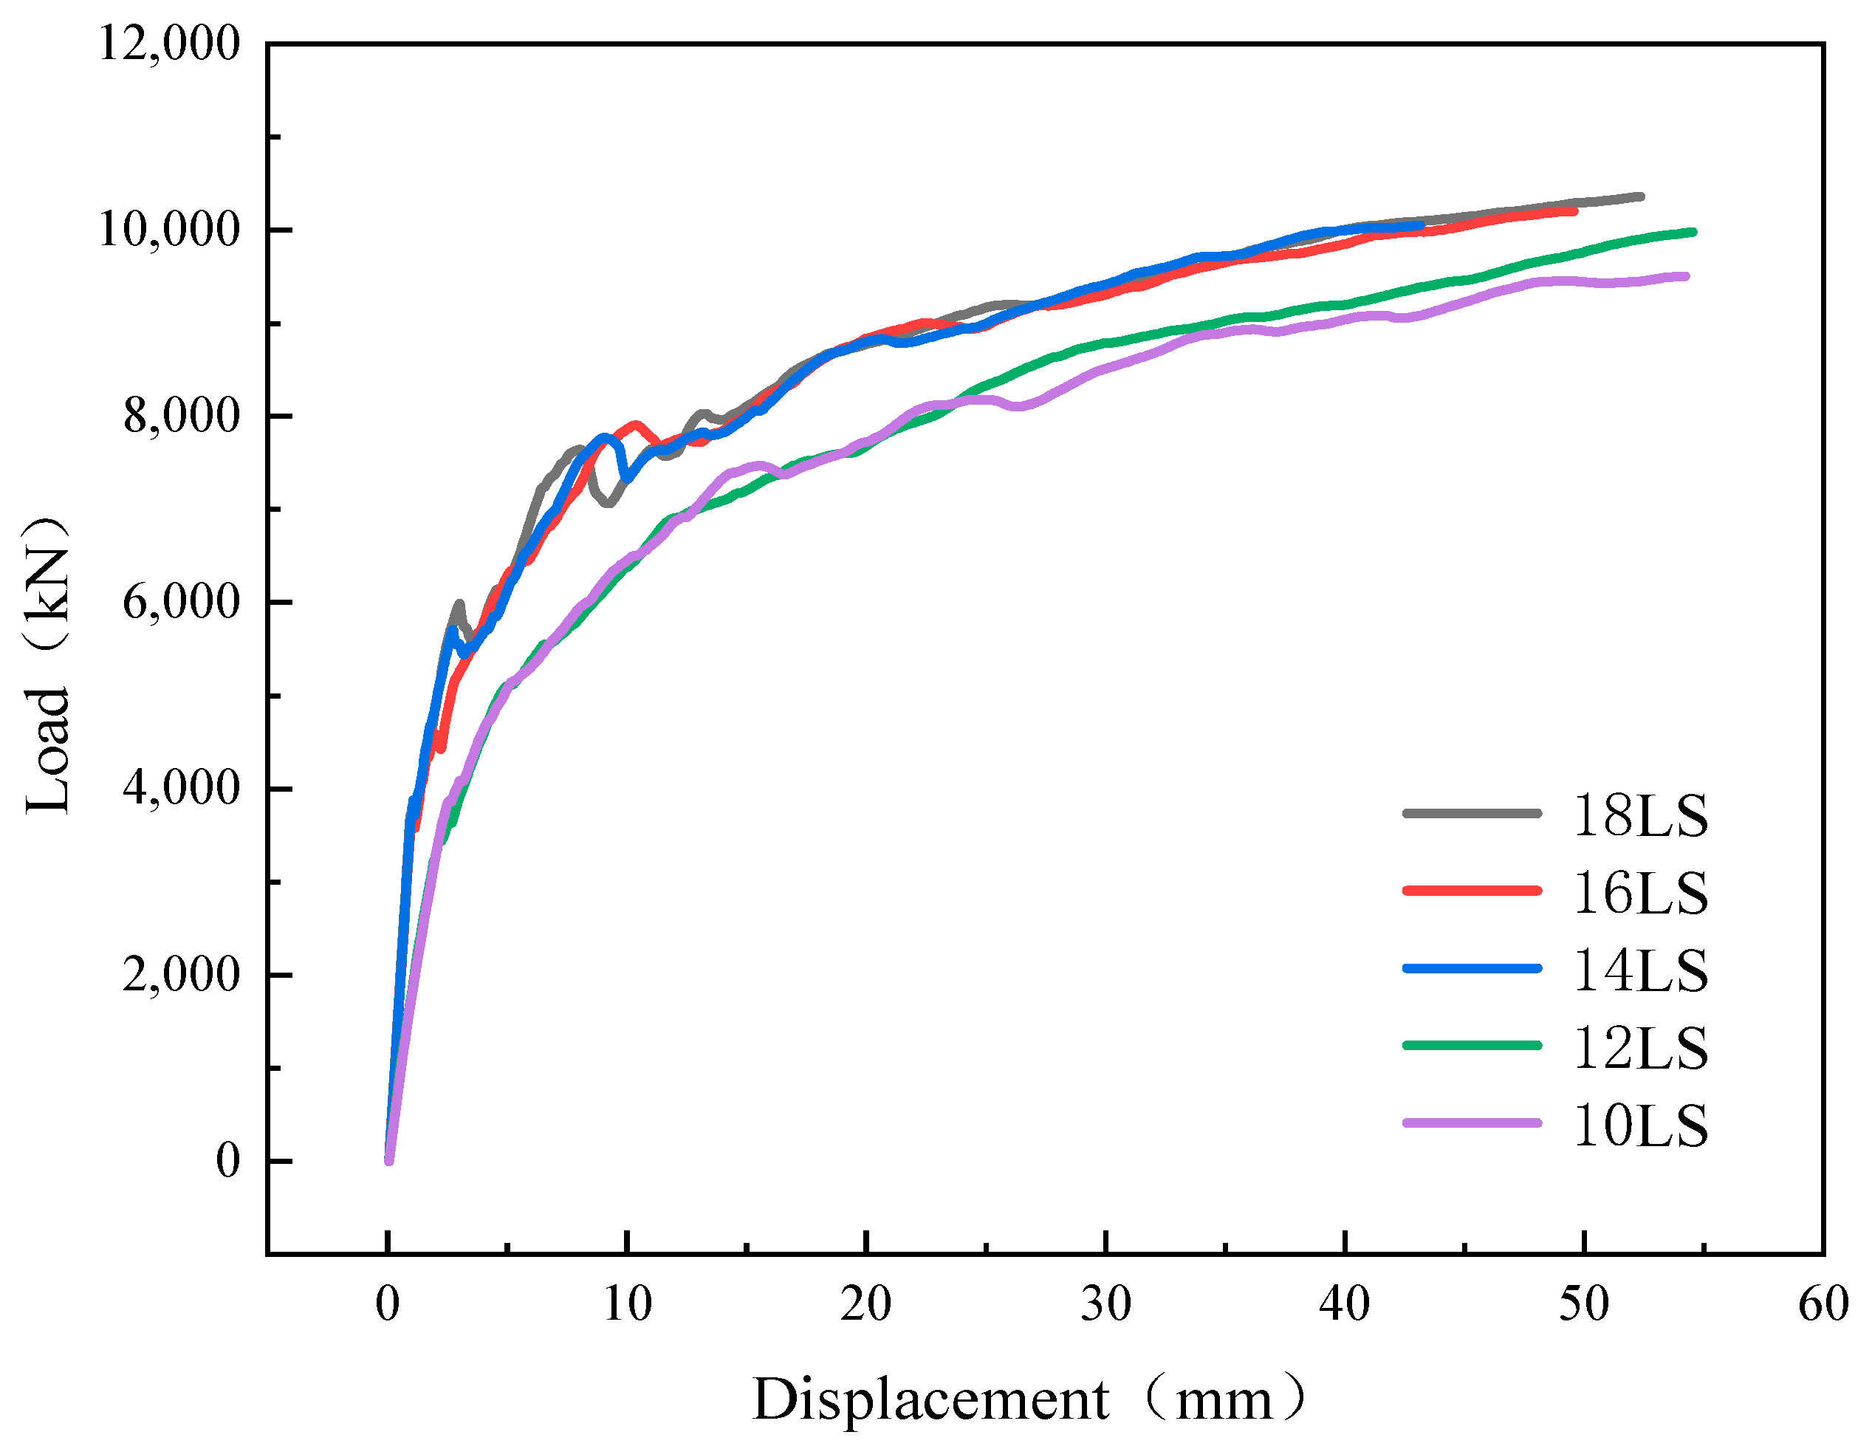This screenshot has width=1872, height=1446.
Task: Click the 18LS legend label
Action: [x=1639, y=815]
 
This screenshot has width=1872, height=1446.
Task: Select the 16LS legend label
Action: [x=1639, y=893]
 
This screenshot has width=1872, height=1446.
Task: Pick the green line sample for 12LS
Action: [x=1472, y=1046]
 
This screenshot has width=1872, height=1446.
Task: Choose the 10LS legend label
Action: [x=1639, y=1125]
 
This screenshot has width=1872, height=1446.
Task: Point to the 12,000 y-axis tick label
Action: [x=169, y=43]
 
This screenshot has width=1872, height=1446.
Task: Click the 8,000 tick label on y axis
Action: [x=181, y=416]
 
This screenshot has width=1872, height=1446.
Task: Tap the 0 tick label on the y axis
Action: [x=227, y=1161]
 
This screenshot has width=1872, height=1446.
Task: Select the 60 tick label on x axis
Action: [x=1823, y=1304]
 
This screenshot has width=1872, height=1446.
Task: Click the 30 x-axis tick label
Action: [x=1105, y=1304]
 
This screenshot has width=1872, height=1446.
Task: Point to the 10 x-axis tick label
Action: [x=626, y=1304]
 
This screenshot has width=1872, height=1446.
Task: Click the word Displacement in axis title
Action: [x=930, y=1399]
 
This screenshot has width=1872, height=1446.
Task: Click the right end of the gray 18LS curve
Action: [x=1641, y=196]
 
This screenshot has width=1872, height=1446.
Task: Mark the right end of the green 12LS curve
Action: [x=1693, y=231]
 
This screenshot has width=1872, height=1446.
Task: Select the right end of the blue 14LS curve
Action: [x=1420, y=225]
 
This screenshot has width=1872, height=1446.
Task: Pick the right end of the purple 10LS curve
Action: [x=1685, y=276]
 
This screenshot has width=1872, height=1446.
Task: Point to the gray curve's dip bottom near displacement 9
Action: [x=608, y=503]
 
